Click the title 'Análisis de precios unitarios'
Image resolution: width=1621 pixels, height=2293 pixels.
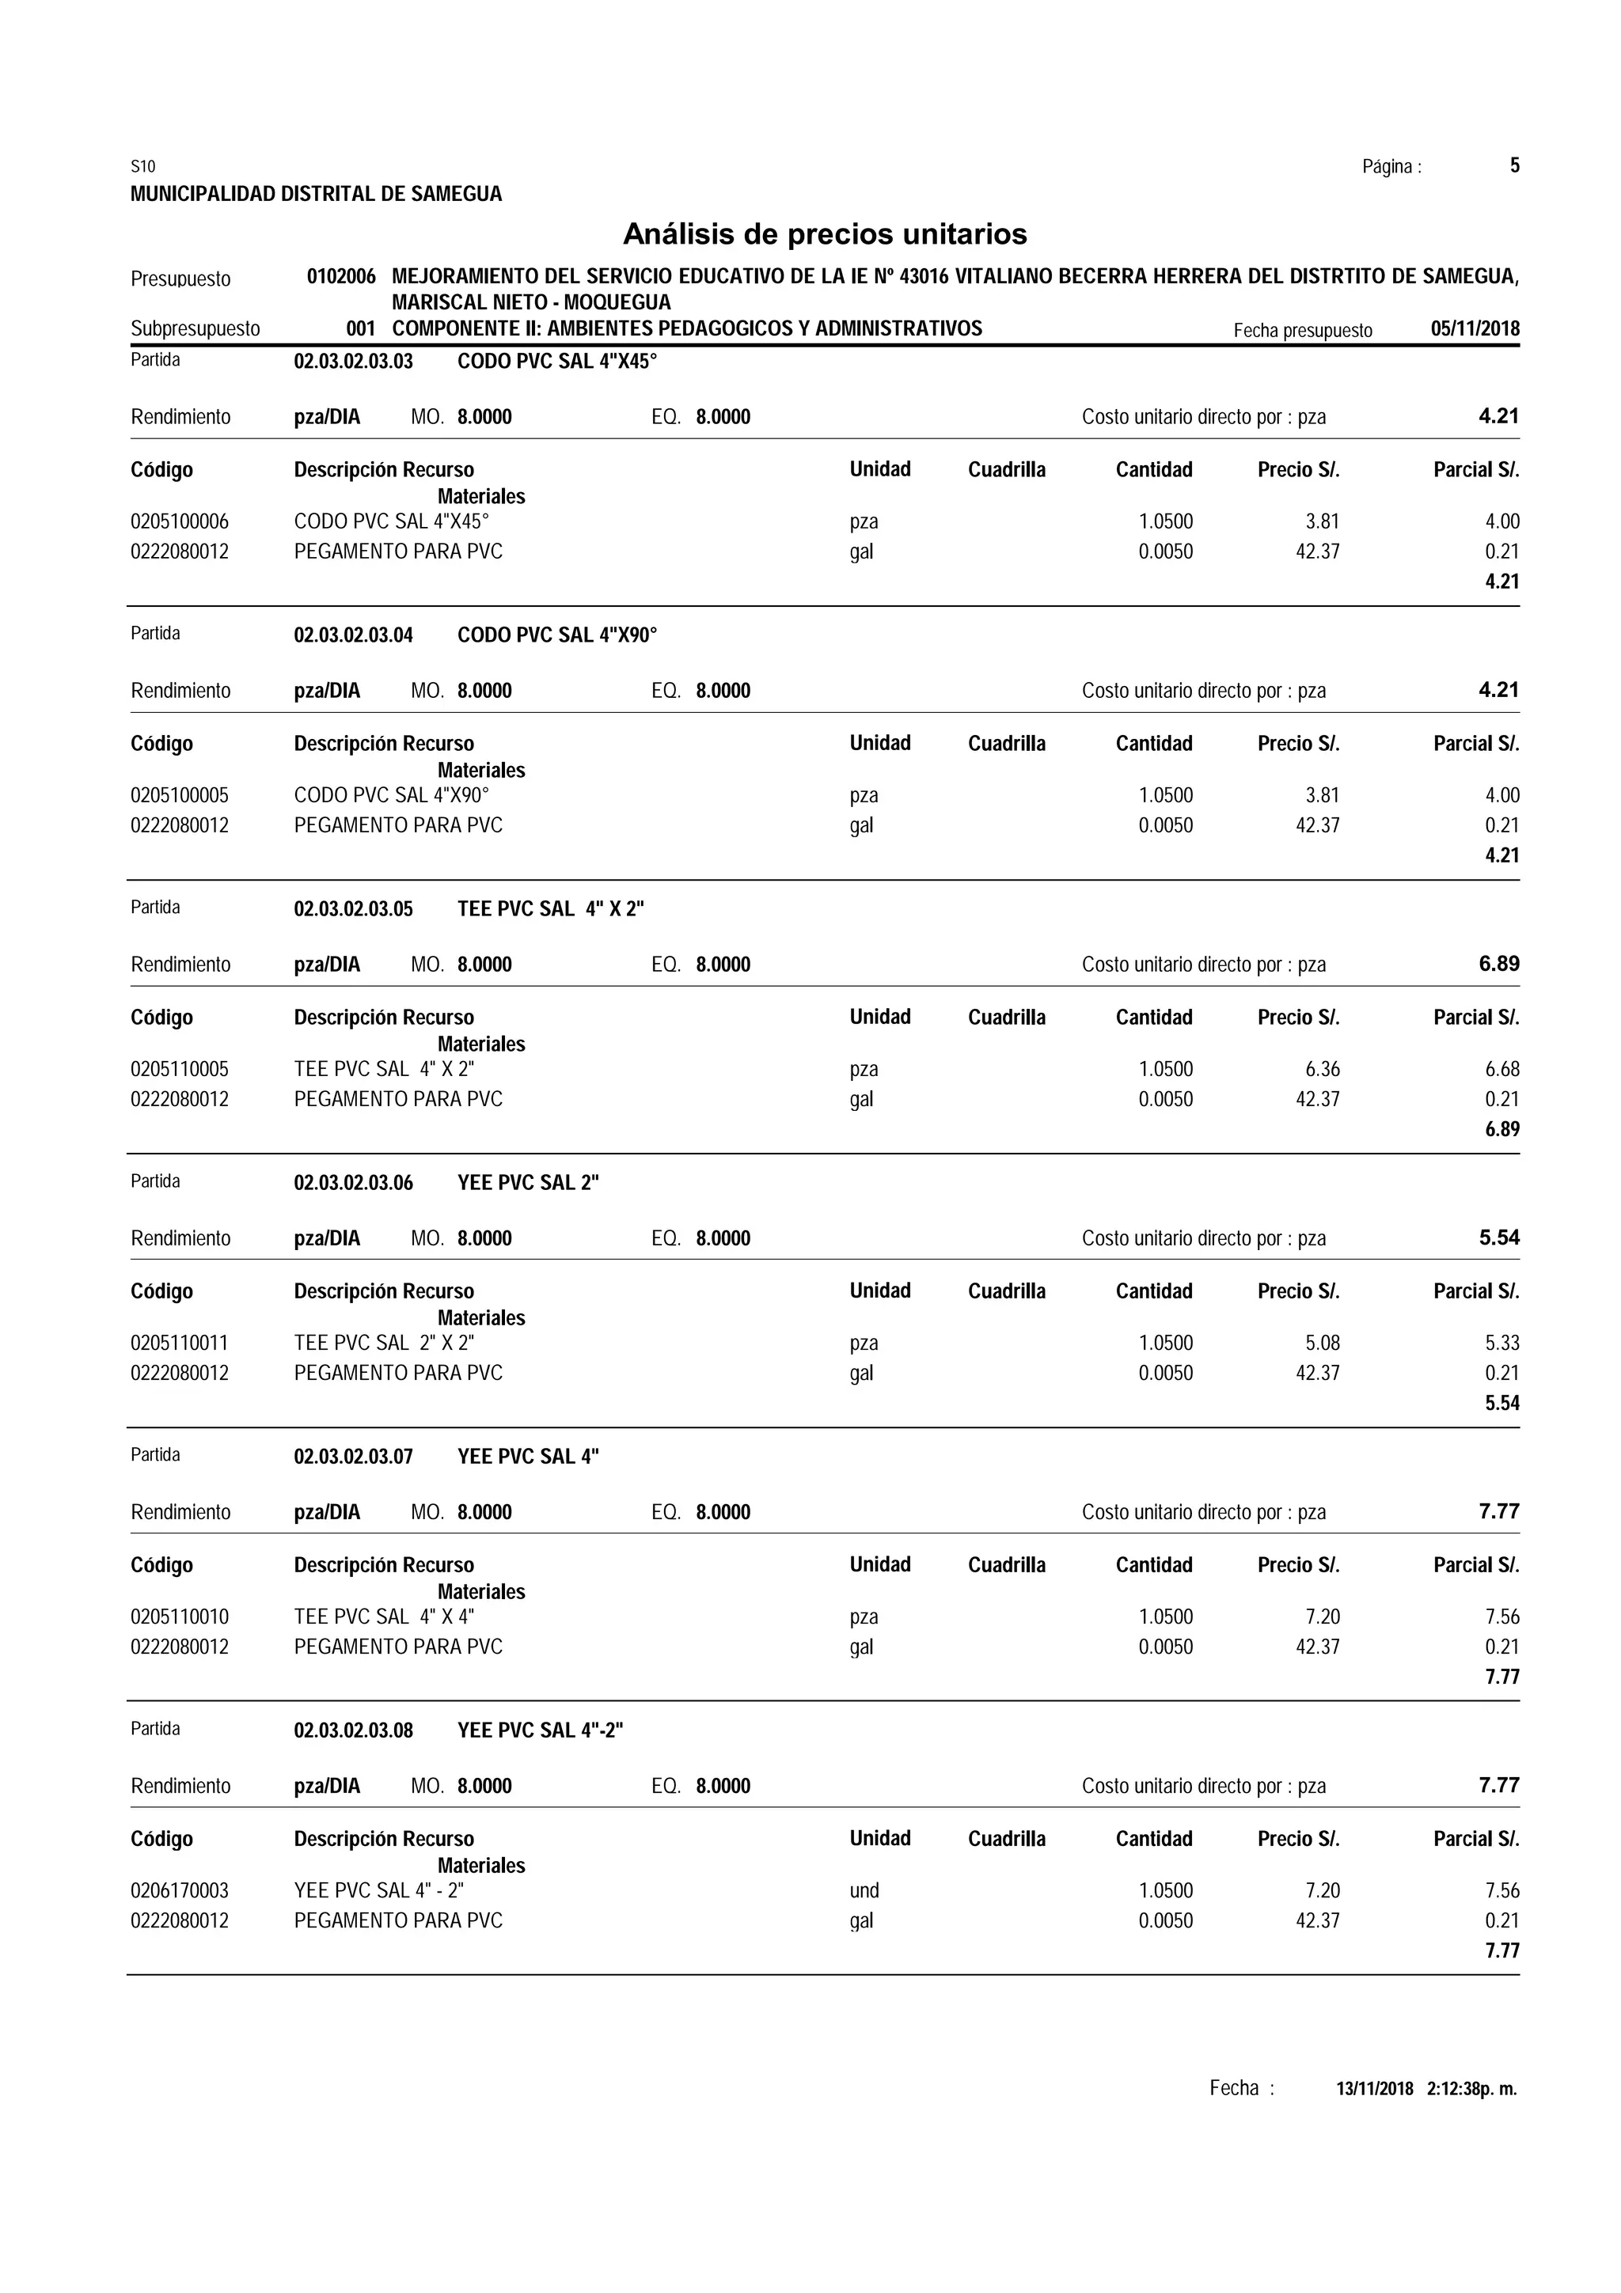[824, 235]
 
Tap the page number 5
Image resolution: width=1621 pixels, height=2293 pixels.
[1514, 166]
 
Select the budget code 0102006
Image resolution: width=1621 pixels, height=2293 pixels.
[340, 277]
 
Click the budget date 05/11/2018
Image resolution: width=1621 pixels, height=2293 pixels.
[1475, 328]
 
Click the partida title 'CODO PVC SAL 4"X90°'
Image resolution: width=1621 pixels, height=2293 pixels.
[557, 635]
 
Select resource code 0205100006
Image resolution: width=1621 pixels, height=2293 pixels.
[180, 521]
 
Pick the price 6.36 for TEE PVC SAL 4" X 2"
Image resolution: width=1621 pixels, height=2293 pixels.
[1323, 1070]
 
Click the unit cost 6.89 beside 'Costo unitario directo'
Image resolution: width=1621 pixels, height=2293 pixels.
[1498, 964]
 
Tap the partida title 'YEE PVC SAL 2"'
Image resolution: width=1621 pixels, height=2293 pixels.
[527, 1184]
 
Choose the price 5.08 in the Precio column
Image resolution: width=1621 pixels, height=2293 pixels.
[1323, 1344]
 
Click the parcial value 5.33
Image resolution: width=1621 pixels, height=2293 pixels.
[1501, 1344]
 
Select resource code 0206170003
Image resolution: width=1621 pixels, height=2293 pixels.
[180, 1890]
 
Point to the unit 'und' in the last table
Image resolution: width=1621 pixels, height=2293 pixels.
[864, 1890]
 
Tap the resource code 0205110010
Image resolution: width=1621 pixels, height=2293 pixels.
[180, 1616]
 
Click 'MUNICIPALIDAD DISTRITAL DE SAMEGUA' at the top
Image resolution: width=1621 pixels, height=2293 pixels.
[316, 195]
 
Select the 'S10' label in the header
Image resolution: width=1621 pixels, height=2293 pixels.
[142, 167]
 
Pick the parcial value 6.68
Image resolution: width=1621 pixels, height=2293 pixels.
[1501, 1070]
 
